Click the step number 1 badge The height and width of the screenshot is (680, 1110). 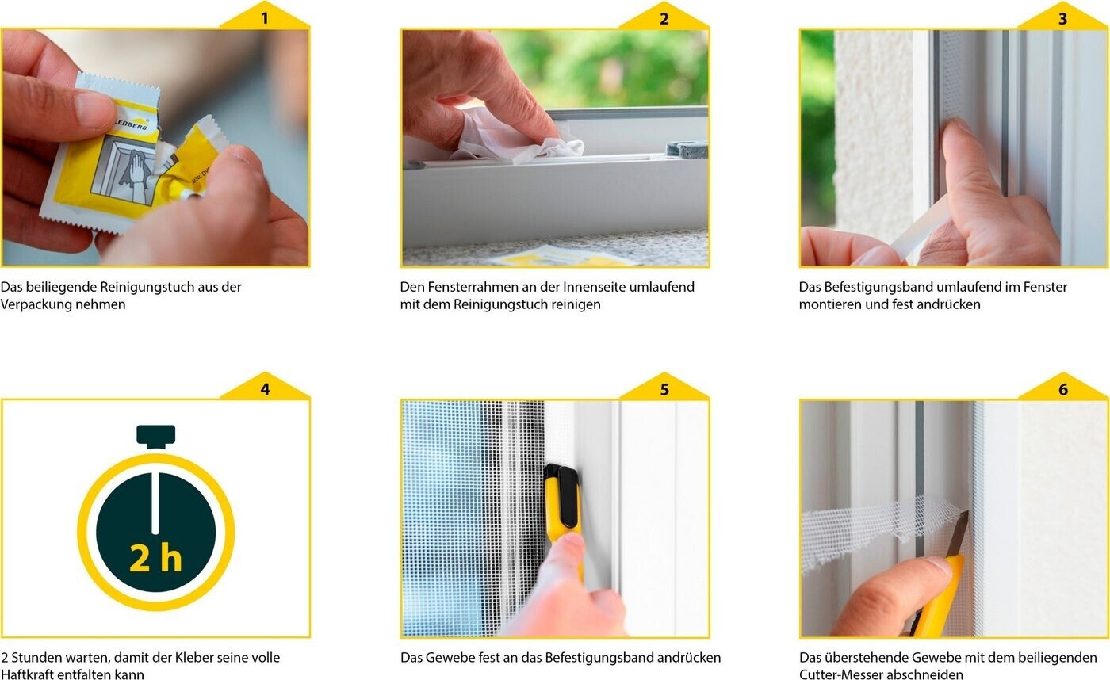[264, 17]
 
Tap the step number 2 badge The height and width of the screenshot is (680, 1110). [664, 17]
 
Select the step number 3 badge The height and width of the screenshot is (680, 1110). [1062, 17]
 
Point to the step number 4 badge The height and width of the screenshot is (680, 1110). [265, 387]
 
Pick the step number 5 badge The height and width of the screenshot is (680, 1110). [664, 388]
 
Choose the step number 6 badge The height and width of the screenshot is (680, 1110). [1063, 388]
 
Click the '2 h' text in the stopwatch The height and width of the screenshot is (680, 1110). [155, 558]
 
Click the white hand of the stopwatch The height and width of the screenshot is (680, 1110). [155, 503]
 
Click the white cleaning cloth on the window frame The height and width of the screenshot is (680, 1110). [515, 136]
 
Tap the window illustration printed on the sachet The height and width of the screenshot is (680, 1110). [126, 171]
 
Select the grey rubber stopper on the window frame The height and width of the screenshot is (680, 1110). [687, 148]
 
